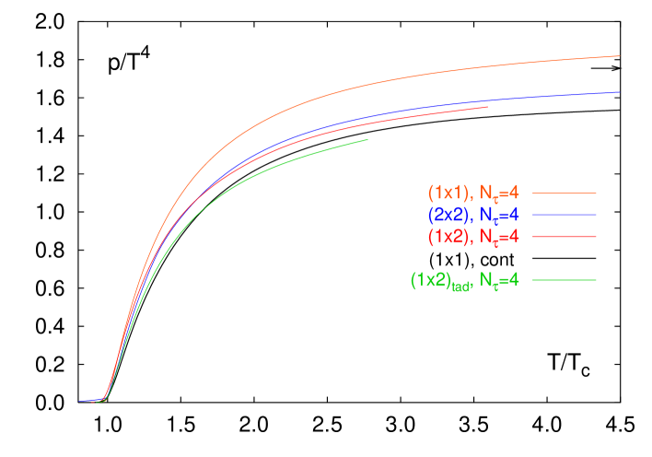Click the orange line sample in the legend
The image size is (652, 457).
[564, 193]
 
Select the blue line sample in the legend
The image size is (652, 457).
[564, 215]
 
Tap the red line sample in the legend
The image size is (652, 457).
[564, 237]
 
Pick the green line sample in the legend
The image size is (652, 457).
[564, 279]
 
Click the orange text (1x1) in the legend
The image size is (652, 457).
[448, 193]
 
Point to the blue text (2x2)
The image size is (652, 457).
[448, 215]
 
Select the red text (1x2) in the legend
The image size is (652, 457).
[448, 237]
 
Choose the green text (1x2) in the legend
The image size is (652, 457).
[430, 279]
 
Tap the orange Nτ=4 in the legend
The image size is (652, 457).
[500, 194]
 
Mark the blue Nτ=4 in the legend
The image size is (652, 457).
[500, 216]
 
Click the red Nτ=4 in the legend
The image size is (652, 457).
[500, 238]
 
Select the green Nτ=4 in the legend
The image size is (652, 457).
[500, 280]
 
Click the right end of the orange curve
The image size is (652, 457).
[619, 56]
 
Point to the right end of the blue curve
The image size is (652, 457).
[619, 92]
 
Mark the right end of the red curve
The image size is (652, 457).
[486, 107]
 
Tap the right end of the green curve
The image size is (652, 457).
[367, 140]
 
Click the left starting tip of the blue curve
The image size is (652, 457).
[79, 401]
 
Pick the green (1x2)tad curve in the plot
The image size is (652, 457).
[276, 166]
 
